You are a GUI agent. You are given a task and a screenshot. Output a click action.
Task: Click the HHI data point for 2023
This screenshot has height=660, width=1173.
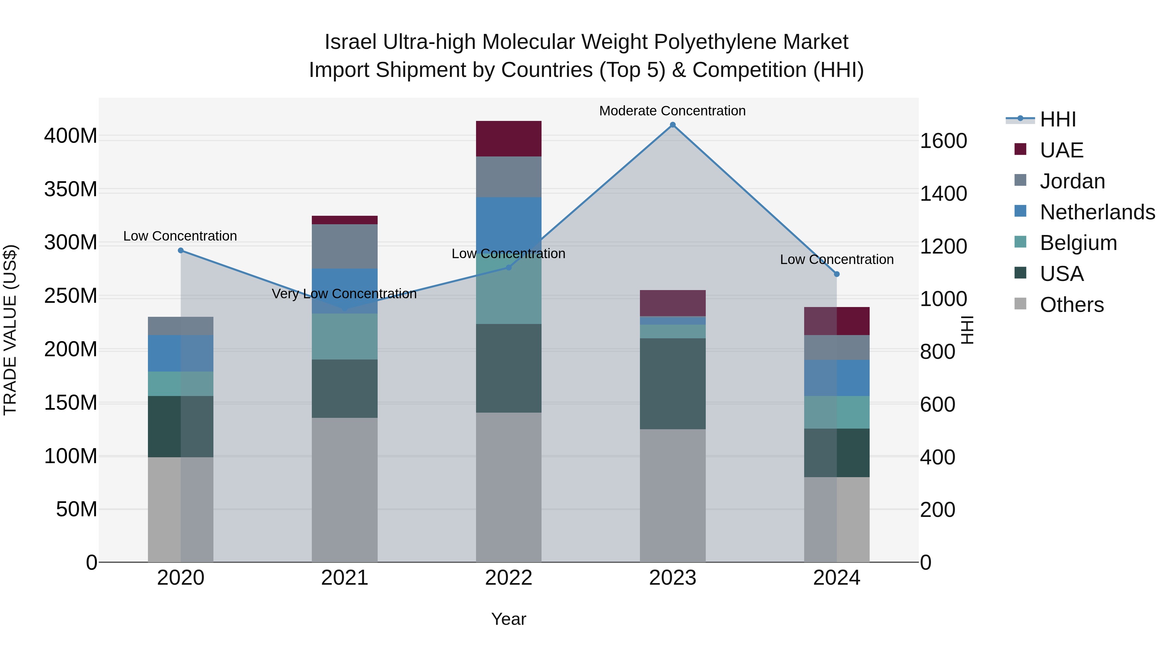tap(673, 125)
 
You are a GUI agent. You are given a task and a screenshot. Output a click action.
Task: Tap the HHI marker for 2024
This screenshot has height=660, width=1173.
tap(836, 274)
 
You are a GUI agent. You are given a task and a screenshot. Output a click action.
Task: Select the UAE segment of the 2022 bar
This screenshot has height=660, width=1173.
tap(509, 139)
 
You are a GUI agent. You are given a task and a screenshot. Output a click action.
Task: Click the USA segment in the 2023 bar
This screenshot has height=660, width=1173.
tap(673, 384)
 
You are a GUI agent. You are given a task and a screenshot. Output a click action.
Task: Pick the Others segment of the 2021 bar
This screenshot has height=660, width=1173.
tap(345, 490)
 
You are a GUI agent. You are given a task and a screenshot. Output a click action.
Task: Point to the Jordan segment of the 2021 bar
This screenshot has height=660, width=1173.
tap(345, 246)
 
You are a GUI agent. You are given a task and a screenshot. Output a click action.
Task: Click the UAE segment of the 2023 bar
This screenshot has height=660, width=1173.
tap(673, 303)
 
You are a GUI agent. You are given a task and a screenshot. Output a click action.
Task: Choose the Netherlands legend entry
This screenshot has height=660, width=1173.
tap(1097, 212)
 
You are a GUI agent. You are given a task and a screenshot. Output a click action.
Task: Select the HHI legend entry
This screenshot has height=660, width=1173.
tap(1058, 119)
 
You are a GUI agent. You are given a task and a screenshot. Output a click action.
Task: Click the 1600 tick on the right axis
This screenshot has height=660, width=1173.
tap(944, 141)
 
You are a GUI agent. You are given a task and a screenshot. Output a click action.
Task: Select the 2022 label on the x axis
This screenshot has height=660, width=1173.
tap(509, 578)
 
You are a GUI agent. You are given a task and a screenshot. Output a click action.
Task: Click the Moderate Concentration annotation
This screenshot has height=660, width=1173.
tap(672, 111)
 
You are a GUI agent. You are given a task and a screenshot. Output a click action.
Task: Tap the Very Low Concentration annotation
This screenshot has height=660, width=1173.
tap(344, 294)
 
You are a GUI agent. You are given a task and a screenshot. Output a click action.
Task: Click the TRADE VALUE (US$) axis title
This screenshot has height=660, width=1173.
tap(10, 330)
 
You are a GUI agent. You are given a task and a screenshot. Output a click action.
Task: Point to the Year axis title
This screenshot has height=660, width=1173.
tap(509, 619)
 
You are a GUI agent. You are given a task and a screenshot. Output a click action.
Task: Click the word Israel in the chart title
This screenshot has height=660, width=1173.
tap(350, 42)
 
